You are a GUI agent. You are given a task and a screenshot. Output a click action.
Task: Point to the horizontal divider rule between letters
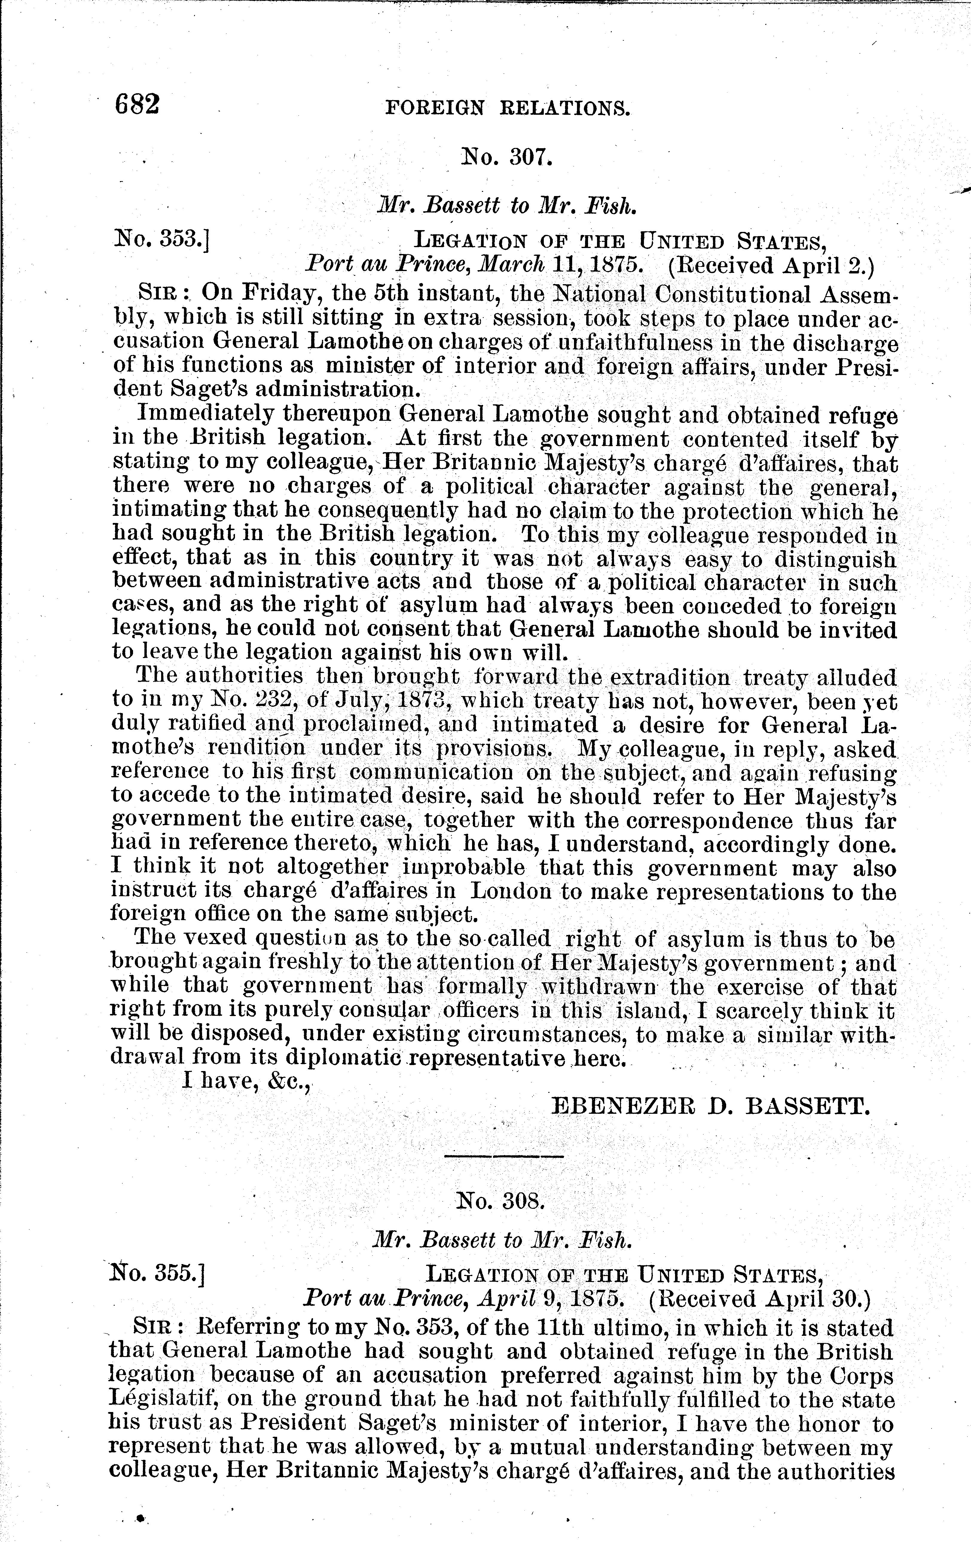[503, 1156]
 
